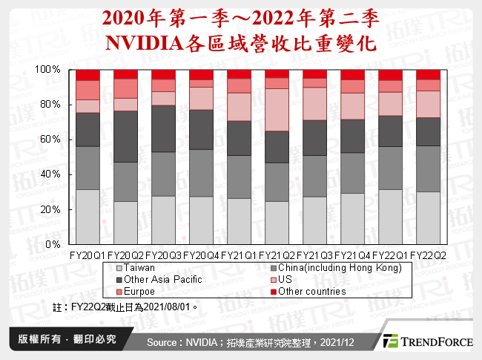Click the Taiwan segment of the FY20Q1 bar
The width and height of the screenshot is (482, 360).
tap(88, 217)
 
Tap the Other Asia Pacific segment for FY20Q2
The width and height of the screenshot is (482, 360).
tap(125, 137)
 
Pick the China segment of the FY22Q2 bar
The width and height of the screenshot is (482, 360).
tap(428, 168)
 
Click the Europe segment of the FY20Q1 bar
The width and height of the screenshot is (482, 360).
tap(88, 90)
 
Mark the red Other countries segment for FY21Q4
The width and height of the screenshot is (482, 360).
tap(352, 75)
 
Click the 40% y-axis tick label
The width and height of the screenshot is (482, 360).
tap(49, 174)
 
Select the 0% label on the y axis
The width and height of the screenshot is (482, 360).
tap(52, 244)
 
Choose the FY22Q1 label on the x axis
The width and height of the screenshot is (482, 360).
tap(390, 255)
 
